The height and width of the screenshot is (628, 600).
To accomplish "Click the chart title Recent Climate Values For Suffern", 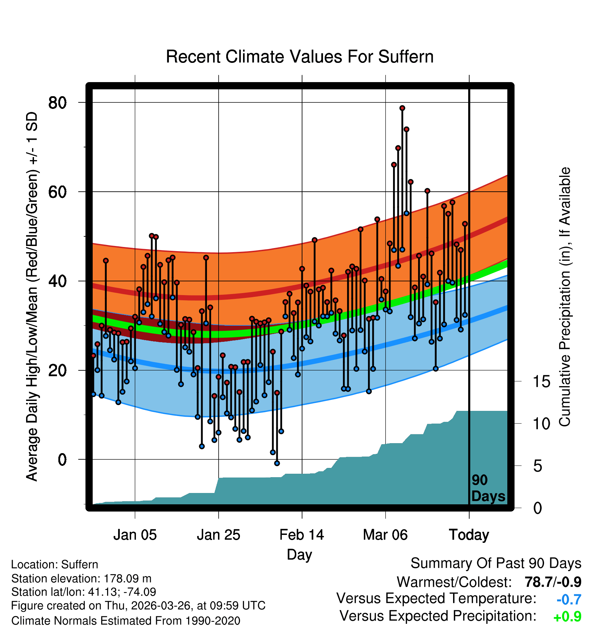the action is click(x=300, y=57).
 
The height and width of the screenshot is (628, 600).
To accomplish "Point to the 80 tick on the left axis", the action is click(x=57, y=102).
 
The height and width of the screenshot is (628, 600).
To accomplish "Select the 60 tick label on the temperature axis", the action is click(x=57, y=192).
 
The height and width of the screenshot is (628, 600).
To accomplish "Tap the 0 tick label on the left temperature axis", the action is click(x=62, y=459).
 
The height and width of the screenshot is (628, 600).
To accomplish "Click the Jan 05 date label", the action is click(x=135, y=535).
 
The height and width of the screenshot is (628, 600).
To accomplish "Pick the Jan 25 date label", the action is click(x=219, y=535).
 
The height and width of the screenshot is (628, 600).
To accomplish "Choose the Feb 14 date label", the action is click(x=302, y=535).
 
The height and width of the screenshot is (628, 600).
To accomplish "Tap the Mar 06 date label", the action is click(x=385, y=535).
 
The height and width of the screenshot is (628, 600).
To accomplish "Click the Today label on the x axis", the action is click(x=469, y=535).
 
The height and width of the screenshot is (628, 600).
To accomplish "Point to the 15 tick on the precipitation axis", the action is click(x=541, y=381).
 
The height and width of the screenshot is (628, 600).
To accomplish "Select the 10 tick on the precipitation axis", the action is click(x=541, y=424).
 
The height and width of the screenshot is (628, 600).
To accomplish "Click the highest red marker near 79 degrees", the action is click(x=402, y=108).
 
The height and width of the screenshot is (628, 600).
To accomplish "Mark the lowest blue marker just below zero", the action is click(x=277, y=463).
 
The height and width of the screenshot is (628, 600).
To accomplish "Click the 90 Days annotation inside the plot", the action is click(x=488, y=488).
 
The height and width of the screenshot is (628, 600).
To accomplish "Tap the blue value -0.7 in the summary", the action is click(x=569, y=599).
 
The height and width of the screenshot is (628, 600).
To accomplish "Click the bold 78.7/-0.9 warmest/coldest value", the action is click(x=553, y=582).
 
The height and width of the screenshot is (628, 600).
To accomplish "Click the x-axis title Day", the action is click(x=300, y=555).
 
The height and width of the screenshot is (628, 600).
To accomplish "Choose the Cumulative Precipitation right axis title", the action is click(x=565, y=297).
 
